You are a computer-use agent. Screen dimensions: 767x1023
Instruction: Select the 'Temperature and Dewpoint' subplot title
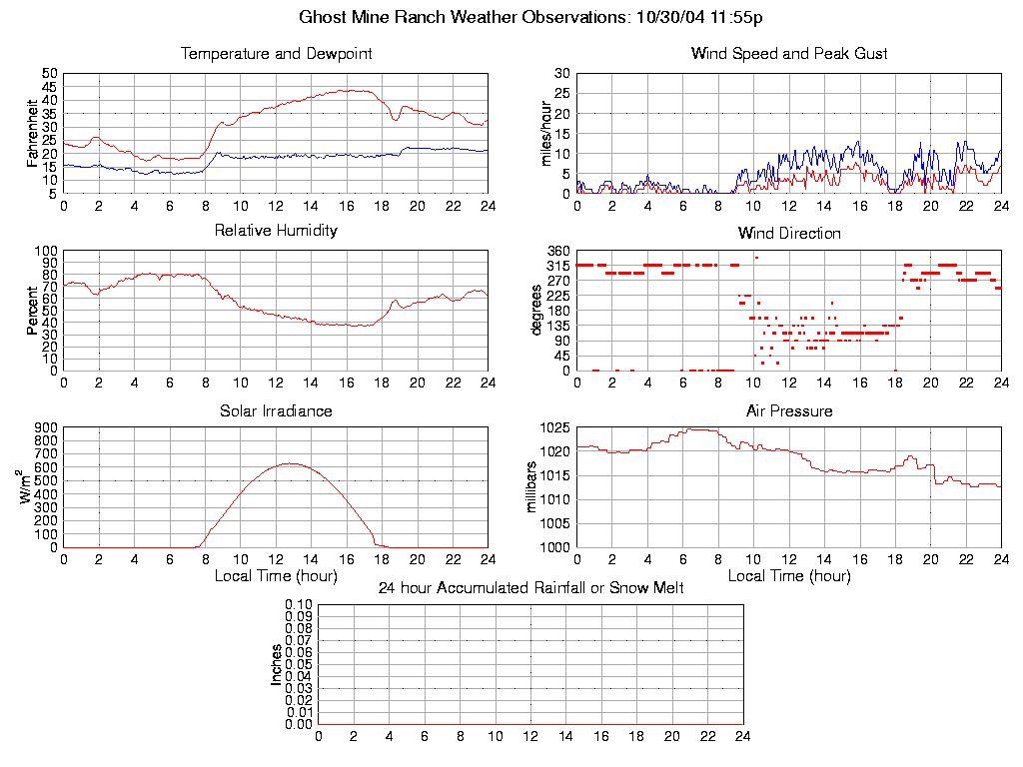pyautogui.click(x=276, y=54)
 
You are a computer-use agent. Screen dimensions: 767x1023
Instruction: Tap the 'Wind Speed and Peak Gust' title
pyautogui.click(x=789, y=54)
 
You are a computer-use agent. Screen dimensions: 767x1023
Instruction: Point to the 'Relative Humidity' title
pyautogui.click(x=276, y=231)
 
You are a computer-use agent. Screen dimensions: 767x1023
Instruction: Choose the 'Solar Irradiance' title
pyautogui.click(x=276, y=411)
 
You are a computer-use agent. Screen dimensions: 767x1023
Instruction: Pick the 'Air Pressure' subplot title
pyautogui.click(x=789, y=411)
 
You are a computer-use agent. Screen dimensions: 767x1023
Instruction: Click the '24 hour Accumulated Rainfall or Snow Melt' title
pyautogui.click(x=530, y=588)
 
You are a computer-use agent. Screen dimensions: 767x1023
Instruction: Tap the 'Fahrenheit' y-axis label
pyautogui.click(x=32, y=133)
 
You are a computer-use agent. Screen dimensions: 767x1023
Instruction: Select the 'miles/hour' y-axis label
pyautogui.click(x=546, y=133)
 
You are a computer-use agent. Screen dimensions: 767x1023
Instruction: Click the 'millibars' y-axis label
pyautogui.click(x=532, y=487)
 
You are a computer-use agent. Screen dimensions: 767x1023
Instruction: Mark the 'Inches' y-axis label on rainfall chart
pyautogui.click(x=277, y=664)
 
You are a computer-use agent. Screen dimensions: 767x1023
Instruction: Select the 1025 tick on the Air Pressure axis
pyautogui.click(x=555, y=427)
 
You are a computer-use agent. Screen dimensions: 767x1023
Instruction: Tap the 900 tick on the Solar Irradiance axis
pyautogui.click(x=46, y=427)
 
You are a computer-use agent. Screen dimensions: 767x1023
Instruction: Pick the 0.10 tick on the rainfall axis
pyautogui.click(x=298, y=604)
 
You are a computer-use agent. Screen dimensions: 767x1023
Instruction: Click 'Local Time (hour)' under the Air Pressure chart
pyautogui.click(x=789, y=576)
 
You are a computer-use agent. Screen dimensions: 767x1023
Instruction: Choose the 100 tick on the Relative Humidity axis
pyautogui.click(x=46, y=251)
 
